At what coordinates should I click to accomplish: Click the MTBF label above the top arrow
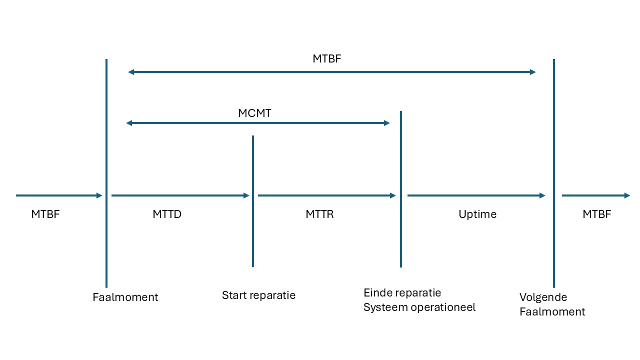point(326,58)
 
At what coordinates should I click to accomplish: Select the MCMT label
point(254,113)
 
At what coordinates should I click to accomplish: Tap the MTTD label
point(167,214)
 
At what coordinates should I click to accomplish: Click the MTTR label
point(319,214)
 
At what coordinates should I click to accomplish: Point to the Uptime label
point(477,214)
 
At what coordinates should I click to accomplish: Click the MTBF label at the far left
point(45,214)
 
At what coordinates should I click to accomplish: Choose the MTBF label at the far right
point(596,214)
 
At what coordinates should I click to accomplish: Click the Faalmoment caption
point(125,297)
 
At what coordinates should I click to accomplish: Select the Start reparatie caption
point(258,295)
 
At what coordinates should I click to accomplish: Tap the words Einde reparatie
point(402,292)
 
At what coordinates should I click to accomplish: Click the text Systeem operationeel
point(419,307)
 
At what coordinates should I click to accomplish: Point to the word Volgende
point(543,297)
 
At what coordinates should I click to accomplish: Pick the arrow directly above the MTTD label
point(180,195)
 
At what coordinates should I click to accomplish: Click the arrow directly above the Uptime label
point(476,195)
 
